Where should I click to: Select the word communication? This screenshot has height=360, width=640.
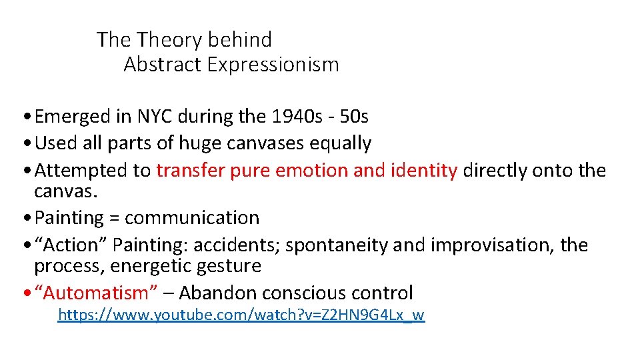[192, 218]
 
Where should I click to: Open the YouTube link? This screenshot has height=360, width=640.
[241, 315]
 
